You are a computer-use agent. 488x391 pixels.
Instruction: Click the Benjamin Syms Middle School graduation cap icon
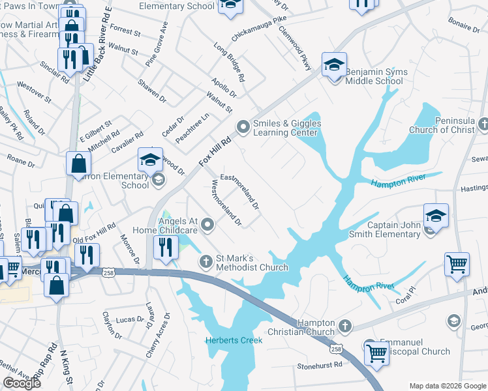click(x=334, y=65)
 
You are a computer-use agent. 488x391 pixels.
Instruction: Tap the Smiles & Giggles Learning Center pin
click(x=243, y=126)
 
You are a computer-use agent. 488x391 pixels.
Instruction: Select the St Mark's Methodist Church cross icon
click(x=206, y=261)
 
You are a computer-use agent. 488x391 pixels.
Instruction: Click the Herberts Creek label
click(x=234, y=340)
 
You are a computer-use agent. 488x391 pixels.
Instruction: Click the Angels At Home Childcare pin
click(x=208, y=225)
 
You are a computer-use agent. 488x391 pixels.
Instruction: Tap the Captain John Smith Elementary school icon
click(x=435, y=215)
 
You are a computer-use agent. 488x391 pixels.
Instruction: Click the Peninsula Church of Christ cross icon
click(x=483, y=124)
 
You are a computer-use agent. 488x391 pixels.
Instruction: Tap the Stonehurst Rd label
click(x=320, y=366)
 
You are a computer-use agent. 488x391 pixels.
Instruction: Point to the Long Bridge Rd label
click(x=230, y=63)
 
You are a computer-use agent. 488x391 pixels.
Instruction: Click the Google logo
click(x=21, y=383)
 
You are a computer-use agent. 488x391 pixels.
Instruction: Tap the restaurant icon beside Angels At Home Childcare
click(x=166, y=247)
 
